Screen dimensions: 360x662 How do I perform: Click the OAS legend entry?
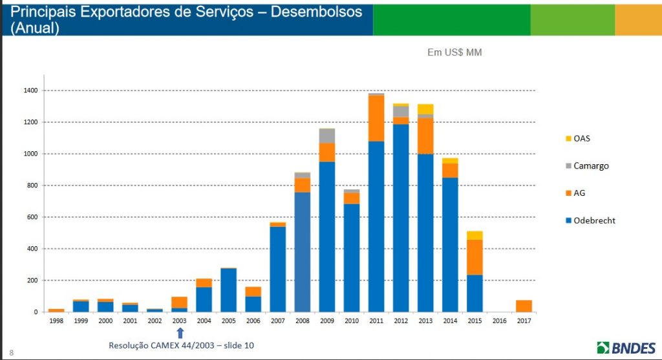click(x=582, y=138)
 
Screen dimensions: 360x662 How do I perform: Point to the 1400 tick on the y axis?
click(x=30, y=90)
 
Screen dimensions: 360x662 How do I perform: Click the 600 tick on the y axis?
click(x=32, y=217)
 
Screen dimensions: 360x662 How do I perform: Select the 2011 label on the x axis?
click(x=376, y=321)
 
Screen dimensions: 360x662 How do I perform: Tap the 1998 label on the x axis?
click(x=56, y=321)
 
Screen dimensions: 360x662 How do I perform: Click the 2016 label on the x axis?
click(x=499, y=321)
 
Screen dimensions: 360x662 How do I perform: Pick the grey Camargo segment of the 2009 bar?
click(x=327, y=136)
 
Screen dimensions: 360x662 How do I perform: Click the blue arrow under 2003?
click(x=180, y=332)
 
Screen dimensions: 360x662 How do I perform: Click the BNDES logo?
click(x=626, y=347)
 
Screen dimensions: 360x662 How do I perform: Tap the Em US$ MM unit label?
click(x=454, y=52)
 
